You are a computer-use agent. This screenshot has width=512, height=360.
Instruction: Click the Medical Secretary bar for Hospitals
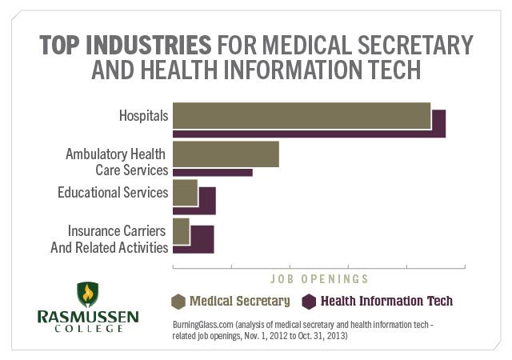pyautogui.click(x=301, y=116)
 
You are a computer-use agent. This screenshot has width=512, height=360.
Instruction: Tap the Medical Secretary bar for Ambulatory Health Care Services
pyautogui.click(x=226, y=154)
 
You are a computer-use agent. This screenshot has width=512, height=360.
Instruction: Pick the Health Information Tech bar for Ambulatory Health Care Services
pyautogui.click(x=213, y=172)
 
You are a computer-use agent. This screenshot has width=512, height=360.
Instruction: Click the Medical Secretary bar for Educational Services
pyautogui.click(x=185, y=193)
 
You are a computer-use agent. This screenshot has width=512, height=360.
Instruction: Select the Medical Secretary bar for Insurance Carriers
pyautogui.click(x=181, y=231)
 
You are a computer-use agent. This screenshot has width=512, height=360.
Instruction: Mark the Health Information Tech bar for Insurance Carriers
pyautogui.click(x=202, y=240)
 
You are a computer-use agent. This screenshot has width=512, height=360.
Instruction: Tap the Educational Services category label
pyautogui.click(x=113, y=192)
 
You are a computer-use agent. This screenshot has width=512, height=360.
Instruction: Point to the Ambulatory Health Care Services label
pyautogui.click(x=116, y=162)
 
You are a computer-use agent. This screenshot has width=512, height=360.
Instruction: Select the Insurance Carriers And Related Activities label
pyautogui.click(x=110, y=238)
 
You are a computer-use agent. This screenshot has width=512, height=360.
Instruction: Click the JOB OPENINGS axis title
pyautogui.click(x=318, y=279)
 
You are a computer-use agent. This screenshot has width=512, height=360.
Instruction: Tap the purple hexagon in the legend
pyautogui.click(x=309, y=302)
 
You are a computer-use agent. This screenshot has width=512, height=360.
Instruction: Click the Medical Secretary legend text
pyautogui.click(x=239, y=302)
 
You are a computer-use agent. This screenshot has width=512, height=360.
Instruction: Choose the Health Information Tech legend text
pyautogui.click(x=386, y=302)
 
